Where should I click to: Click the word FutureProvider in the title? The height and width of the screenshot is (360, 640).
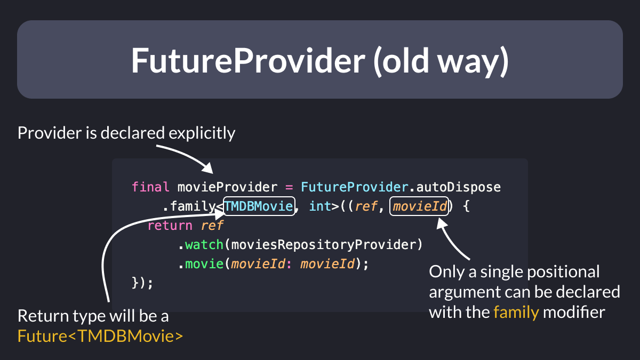(x=248, y=61)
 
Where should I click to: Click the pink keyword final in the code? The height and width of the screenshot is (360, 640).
(x=150, y=187)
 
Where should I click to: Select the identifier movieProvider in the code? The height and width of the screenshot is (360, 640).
(x=227, y=187)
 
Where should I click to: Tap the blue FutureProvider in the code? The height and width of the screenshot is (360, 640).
(x=355, y=187)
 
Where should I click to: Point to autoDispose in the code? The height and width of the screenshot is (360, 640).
(x=458, y=188)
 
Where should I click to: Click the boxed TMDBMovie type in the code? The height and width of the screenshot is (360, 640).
(x=259, y=206)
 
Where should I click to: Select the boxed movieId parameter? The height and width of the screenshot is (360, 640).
(x=419, y=206)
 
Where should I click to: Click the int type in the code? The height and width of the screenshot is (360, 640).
(x=320, y=206)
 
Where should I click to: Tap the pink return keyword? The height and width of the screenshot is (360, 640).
(x=170, y=226)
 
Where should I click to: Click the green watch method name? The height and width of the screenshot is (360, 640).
(x=204, y=245)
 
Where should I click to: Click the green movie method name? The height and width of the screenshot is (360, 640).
(x=204, y=263)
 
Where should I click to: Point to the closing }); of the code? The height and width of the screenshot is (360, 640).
(x=142, y=283)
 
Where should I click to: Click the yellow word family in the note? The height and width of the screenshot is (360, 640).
(x=516, y=313)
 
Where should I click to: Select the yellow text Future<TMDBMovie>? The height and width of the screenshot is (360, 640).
(x=100, y=336)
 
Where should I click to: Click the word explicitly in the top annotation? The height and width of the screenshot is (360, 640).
(x=202, y=133)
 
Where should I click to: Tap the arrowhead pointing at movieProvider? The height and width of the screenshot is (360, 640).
(x=208, y=169)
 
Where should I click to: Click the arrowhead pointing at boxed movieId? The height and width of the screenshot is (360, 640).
(x=442, y=223)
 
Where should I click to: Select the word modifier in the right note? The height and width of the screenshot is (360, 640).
(x=574, y=313)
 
